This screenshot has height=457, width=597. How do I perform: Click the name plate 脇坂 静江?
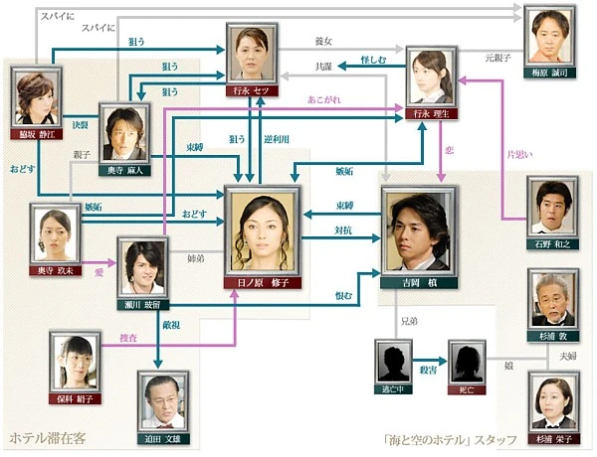pos(38,131)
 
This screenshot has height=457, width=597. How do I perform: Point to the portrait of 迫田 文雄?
pos(164,400)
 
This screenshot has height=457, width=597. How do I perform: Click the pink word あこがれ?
pos(324,100)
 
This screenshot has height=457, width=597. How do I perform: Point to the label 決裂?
pos(81,126)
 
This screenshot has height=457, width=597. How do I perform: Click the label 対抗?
pos(344,230)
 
